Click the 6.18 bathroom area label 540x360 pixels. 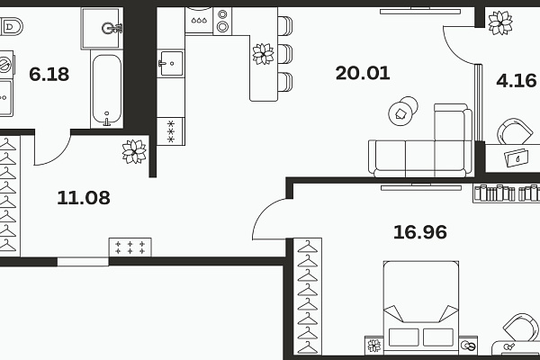pyautogui.click(x=49, y=74)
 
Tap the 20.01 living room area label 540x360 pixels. pyautogui.click(x=363, y=73)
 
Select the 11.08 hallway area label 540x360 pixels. pyautogui.click(x=84, y=198)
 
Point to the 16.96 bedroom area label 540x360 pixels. pyautogui.click(x=420, y=232)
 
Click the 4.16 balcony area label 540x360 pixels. pyautogui.click(x=517, y=81)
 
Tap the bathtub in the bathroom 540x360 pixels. pyautogui.click(x=107, y=89)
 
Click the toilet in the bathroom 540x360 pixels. pyautogui.click(x=11, y=26)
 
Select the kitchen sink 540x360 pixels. pyautogui.click(x=170, y=63)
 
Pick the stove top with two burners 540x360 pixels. pyautogui.click(x=222, y=21)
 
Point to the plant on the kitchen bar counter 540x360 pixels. pyautogui.click(x=264, y=54)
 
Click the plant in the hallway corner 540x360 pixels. pyautogui.click(x=134, y=151)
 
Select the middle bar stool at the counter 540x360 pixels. pyautogui.click(x=285, y=54)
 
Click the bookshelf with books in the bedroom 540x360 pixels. pyautogui.click(x=506, y=193)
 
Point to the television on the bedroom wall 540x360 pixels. pyautogui.click(x=421, y=187)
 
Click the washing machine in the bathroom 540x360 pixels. pyautogui.click(x=6, y=65)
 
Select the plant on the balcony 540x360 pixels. pyautogui.click(x=500, y=22)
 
